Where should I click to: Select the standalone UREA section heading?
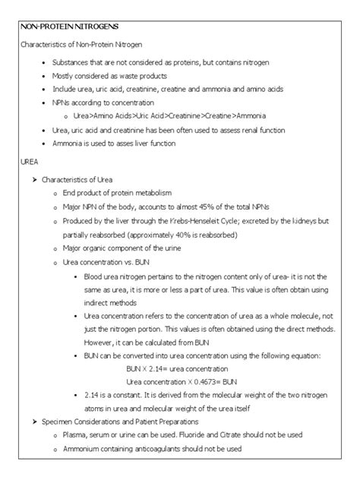(x=27, y=162)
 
